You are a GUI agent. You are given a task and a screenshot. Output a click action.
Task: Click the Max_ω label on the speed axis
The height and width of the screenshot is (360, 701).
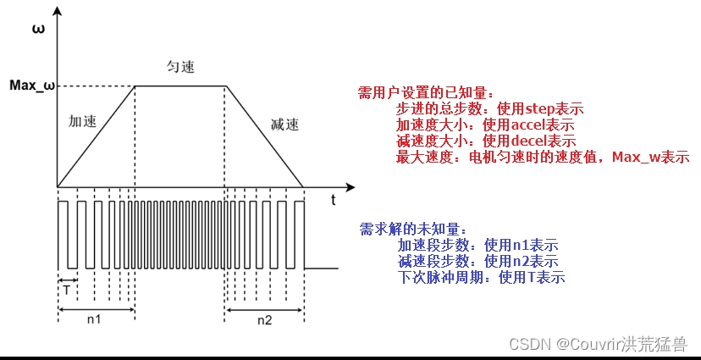(31, 85)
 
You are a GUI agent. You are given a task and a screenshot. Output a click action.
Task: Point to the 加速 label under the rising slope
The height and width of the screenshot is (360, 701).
(82, 121)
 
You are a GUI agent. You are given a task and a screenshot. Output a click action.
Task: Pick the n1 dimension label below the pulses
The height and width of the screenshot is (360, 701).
(95, 321)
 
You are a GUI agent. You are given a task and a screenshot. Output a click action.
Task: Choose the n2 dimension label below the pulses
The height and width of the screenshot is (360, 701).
(264, 321)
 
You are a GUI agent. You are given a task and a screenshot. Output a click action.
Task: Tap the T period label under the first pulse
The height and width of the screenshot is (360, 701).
(67, 288)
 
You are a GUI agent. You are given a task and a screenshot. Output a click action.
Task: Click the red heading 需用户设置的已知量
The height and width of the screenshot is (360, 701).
(425, 92)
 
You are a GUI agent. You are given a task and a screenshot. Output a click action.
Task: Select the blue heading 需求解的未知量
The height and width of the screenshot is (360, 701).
(412, 229)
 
